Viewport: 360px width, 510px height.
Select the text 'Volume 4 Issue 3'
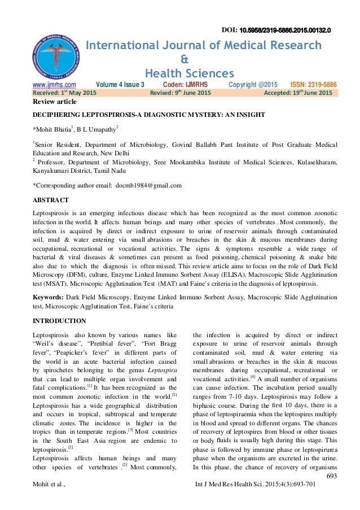click(112, 84)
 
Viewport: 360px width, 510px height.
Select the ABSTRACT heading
click(51, 200)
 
